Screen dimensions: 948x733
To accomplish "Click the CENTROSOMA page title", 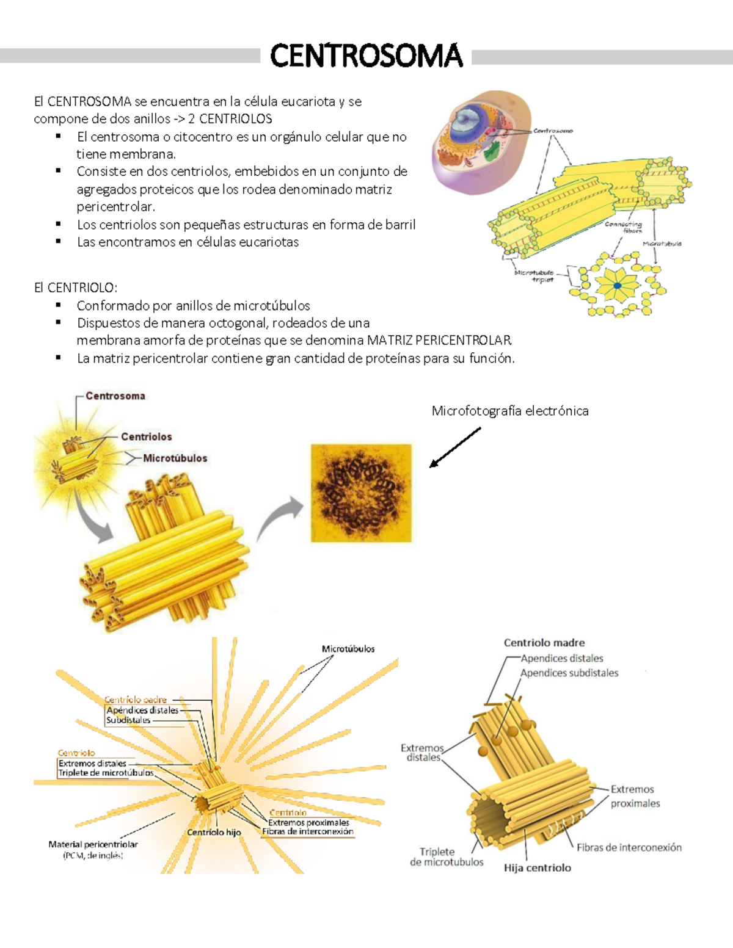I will pyautogui.click(x=366, y=56).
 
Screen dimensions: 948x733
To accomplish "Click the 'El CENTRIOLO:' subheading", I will pyautogui.click(x=76, y=288).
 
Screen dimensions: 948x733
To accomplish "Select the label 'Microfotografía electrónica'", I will pyautogui.click(x=510, y=411).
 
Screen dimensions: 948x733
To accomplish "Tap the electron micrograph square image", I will pyautogui.click(x=362, y=493).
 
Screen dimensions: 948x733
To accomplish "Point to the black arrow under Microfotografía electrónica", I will pyautogui.click(x=455, y=447).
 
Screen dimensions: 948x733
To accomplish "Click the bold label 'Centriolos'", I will pyautogui.click(x=146, y=437).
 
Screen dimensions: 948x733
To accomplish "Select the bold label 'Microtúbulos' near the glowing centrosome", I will pyautogui.click(x=175, y=458).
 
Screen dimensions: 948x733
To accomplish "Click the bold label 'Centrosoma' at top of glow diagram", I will pyautogui.click(x=115, y=396).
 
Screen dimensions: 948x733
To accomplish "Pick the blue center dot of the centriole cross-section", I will pyautogui.click(x=618, y=286).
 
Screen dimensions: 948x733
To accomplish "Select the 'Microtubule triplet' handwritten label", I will pyautogui.click(x=535, y=276).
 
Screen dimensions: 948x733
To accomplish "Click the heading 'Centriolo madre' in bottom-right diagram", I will pyautogui.click(x=544, y=643).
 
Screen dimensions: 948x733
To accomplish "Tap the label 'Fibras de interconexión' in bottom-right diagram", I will pyautogui.click(x=629, y=847).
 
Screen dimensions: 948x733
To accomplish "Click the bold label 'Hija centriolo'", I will pyautogui.click(x=538, y=868).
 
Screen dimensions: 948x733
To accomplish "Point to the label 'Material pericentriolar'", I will pyautogui.click(x=93, y=845).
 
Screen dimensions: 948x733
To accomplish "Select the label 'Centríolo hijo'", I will pyautogui.click(x=214, y=833).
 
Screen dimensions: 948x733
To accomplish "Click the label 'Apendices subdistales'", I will pyautogui.click(x=569, y=673).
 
